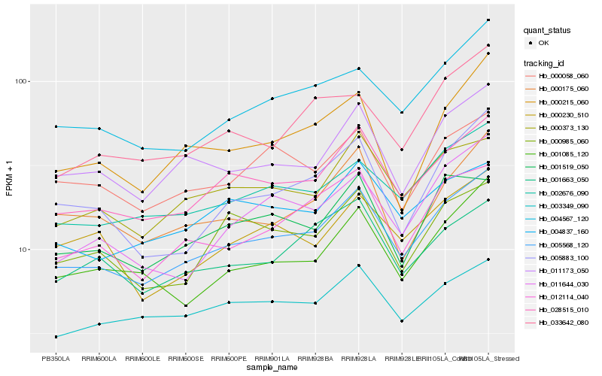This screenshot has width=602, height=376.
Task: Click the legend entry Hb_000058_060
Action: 561,76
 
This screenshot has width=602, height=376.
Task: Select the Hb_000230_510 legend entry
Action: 561,115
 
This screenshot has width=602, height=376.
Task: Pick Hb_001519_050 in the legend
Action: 561,167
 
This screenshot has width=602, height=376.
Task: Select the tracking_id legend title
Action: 544,62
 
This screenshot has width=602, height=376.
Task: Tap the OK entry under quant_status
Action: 543,43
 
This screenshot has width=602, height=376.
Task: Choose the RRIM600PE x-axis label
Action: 229,359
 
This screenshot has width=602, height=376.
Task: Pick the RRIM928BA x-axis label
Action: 315,359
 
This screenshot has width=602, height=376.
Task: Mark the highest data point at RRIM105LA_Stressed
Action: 488,20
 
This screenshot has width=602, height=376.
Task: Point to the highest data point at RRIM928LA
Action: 359,68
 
